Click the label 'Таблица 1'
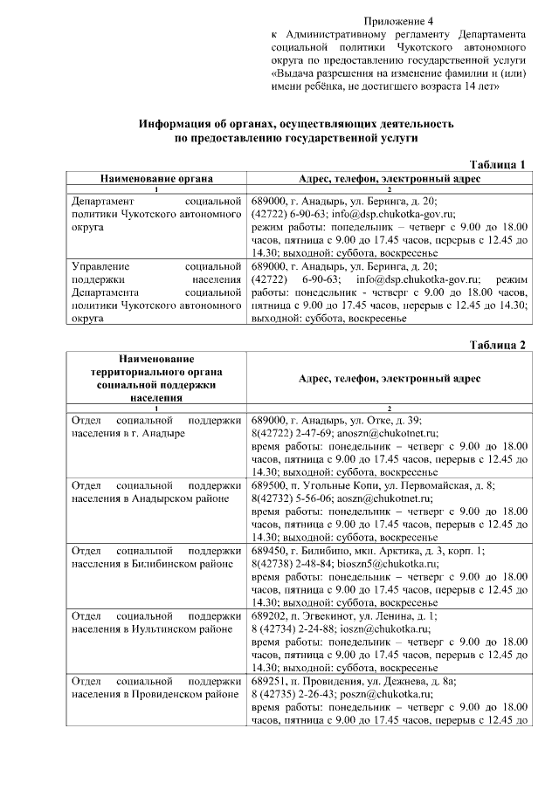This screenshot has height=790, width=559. click(x=497, y=164)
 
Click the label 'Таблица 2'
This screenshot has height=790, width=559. click(x=497, y=344)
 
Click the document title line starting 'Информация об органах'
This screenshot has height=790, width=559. click(x=296, y=124)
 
